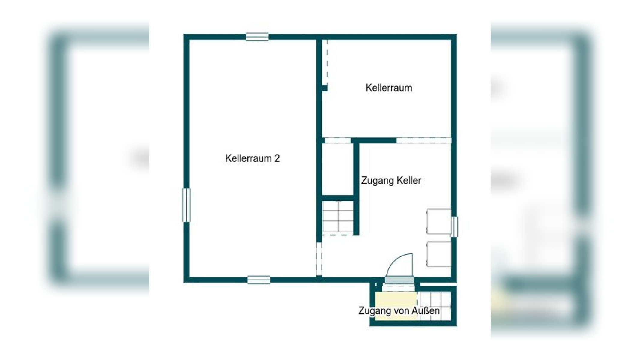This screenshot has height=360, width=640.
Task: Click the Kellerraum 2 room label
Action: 252,158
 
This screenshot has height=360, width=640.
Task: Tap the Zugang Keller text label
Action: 391,181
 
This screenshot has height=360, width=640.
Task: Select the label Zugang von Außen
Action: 399,311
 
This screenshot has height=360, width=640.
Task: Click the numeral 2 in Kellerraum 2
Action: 277,158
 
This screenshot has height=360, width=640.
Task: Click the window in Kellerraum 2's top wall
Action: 257,37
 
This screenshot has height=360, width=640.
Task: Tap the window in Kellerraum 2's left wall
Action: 186,205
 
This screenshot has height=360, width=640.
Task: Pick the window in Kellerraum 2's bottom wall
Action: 259,280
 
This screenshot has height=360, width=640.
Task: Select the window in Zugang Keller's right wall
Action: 454,226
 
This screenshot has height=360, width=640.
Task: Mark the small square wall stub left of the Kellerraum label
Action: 325,88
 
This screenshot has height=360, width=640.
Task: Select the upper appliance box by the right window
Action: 439,221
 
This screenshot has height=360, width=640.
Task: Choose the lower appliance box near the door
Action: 439,254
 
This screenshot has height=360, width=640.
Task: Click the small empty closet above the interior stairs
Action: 338,169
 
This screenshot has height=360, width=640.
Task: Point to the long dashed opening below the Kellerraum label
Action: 423,140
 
